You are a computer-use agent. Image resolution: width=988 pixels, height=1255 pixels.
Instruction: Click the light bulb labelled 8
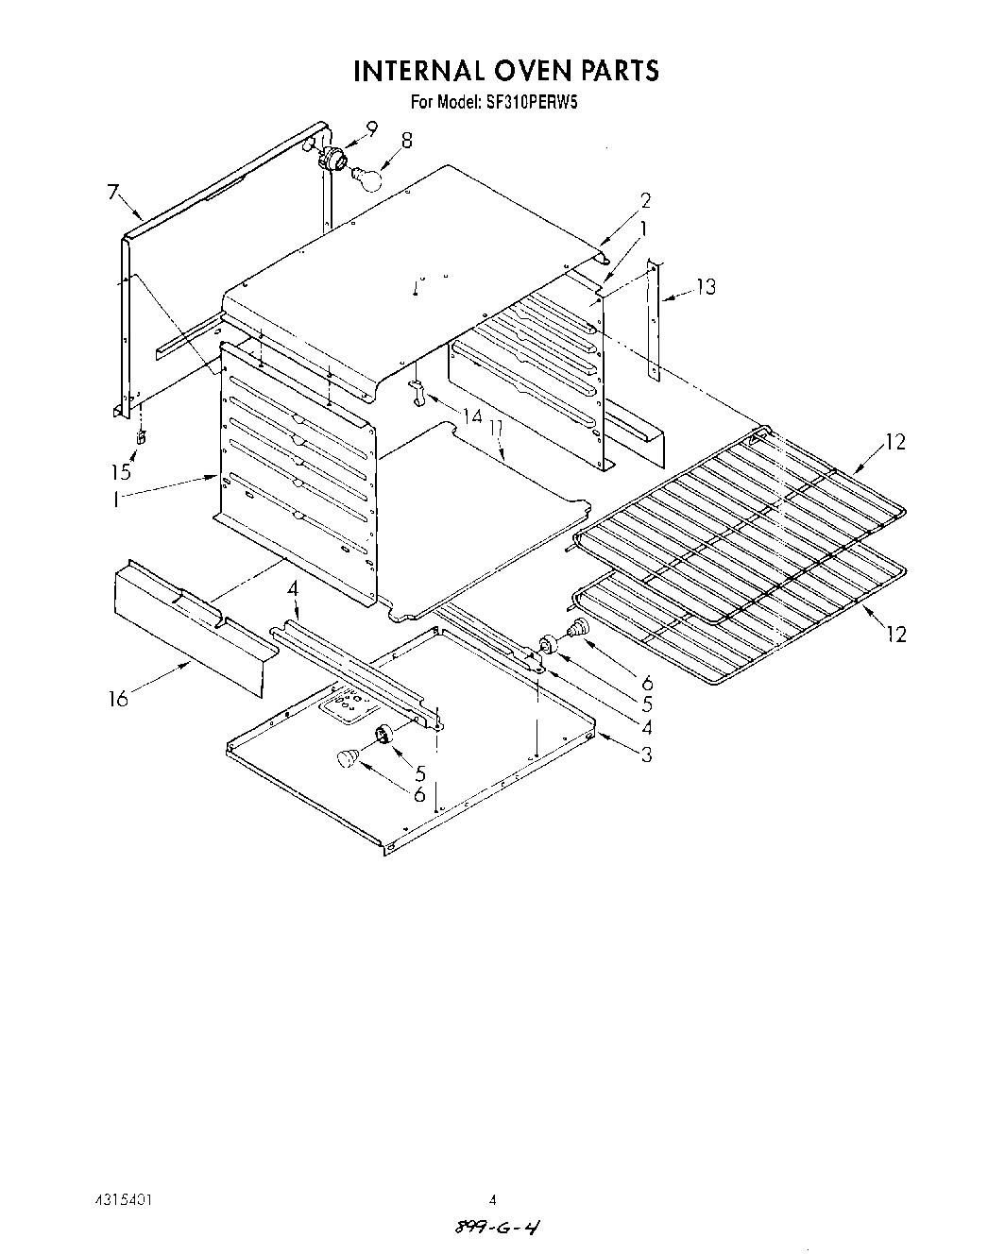367,176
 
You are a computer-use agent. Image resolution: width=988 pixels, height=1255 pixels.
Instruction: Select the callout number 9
371,129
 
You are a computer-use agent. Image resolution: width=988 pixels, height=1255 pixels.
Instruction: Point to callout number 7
113,194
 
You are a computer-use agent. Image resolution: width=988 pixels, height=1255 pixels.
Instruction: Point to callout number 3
646,755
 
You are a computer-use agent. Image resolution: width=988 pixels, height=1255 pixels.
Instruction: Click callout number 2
645,200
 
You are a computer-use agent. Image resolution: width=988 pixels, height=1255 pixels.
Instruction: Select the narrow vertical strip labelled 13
654,321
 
